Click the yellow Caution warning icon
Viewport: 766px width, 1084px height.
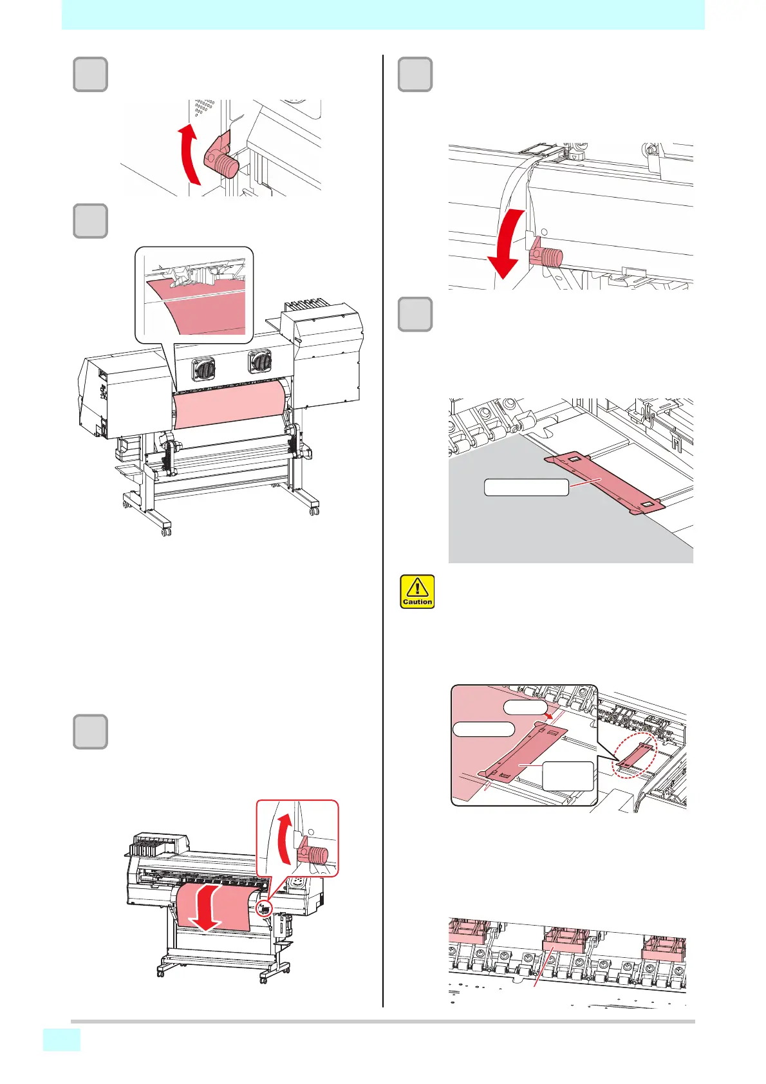point(417,592)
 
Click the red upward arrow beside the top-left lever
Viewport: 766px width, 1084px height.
point(187,154)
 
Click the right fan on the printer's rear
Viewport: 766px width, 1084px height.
point(260,361)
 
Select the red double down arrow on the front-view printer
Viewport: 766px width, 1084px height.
point(207,907)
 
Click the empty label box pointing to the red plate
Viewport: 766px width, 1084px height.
point(526,487)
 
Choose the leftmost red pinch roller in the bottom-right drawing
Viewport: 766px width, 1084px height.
point(469,933)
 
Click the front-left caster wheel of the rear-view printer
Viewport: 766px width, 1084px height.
point(166,531)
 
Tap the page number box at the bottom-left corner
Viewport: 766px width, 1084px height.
point(62,1040)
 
